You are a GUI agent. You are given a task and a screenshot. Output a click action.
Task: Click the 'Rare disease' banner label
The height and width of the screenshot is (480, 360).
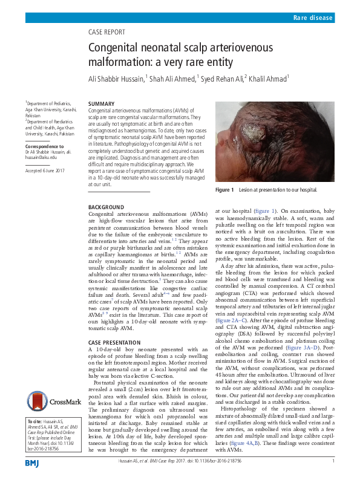click(x=313, y=19)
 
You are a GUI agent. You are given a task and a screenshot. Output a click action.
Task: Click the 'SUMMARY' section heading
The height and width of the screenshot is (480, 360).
click(x=101, y=104)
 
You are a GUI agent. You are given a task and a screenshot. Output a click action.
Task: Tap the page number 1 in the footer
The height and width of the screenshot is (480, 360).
click(x=333, y=461)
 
